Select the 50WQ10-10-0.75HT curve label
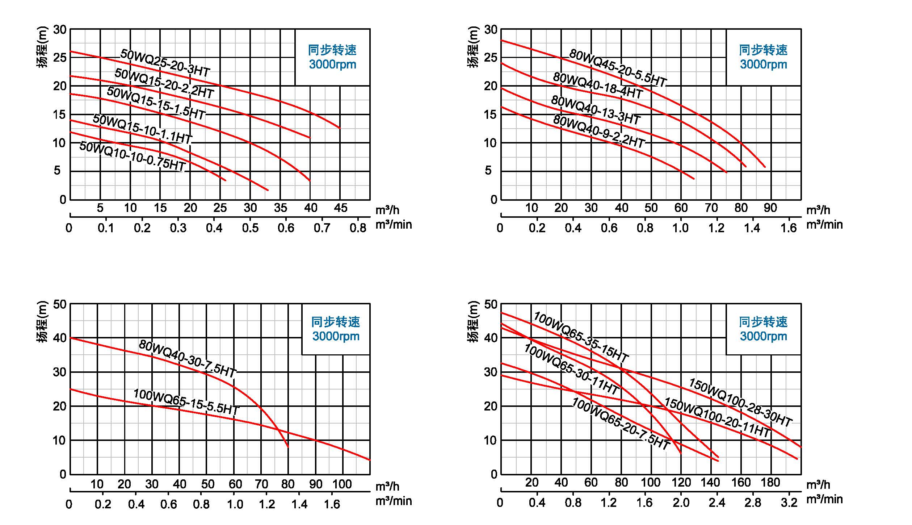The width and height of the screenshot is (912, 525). (133, 156)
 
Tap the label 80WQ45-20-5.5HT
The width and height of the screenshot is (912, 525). (618, 68)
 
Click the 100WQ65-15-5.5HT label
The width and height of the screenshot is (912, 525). (186, 402)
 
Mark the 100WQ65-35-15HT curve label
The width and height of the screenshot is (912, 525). (581, 337)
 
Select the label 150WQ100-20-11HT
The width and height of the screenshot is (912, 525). (717, 417)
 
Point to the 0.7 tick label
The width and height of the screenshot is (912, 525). (322, 228)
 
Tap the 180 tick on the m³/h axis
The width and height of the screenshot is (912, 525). (770, 482)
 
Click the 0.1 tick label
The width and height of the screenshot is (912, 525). (106, 228)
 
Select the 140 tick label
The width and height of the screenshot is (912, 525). (710, 482)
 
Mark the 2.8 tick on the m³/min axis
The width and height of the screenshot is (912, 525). (753, 502)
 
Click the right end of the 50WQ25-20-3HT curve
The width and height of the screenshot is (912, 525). (340, 128)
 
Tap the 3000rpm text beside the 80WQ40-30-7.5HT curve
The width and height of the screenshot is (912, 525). (336, 336)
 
